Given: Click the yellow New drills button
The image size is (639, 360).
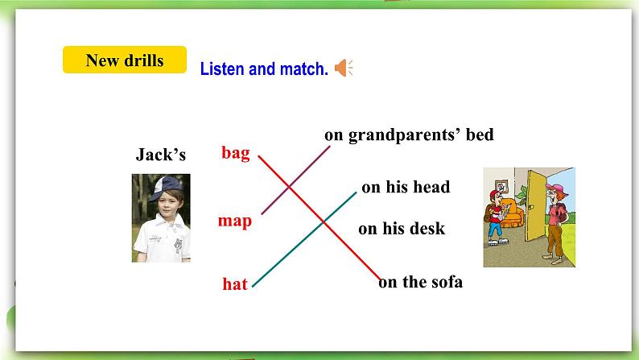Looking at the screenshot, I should (x=124, y=60).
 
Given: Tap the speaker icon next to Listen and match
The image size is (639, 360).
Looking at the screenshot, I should (x=344, y=68).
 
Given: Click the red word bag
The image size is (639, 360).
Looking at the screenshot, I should (x=236, y=152).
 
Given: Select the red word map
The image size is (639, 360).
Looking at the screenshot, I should (x=235, y=221).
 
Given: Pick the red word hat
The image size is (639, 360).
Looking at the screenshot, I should (x=235, y=283).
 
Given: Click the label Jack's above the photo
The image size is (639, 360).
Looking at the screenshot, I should (x=161, y=155).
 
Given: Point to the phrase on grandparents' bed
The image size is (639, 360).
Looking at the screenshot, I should (x=409, y=134).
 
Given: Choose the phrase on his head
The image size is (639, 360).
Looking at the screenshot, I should (x=406, y=188).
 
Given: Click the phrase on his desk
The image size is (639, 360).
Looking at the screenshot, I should (x=402, y=229).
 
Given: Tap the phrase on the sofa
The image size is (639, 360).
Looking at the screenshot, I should (x=420, y=282).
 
